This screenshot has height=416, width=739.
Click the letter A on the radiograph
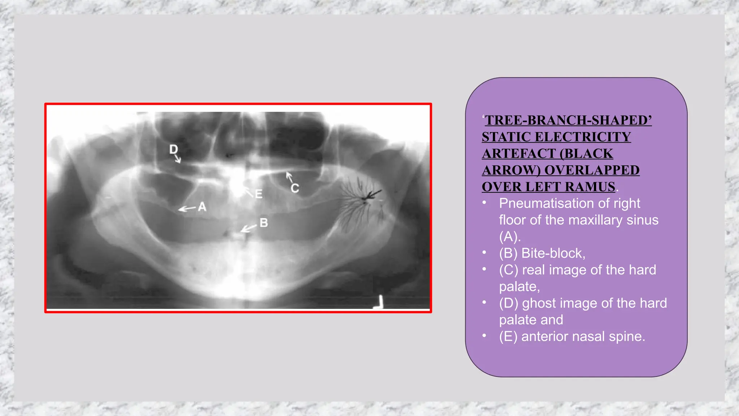point(202,207)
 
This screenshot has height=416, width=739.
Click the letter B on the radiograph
point(264,223)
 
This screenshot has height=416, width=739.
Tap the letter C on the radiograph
point(295,188)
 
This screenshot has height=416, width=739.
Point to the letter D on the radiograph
point(174,149)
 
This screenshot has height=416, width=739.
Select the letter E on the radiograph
point(258,194)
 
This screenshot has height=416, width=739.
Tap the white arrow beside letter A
point(187,208)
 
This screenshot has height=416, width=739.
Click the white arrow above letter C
point(289,177)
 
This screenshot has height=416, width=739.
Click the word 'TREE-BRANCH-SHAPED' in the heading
point(568,120)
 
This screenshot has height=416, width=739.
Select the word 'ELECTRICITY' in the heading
point(583,137)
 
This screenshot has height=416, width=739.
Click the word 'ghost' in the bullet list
point(539,303)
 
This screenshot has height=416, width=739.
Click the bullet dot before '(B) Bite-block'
point(484,252)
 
